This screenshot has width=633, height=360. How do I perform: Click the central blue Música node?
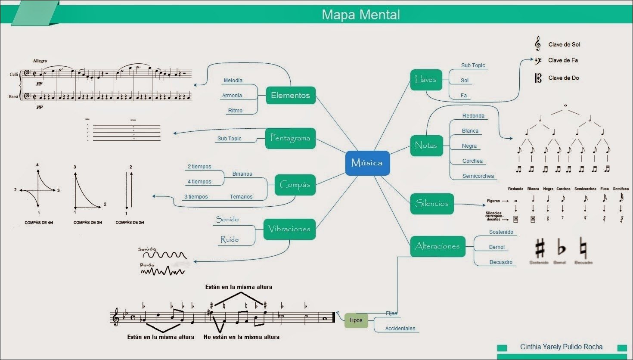[x=367, y=163]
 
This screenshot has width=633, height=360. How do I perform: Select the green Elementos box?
[x=291, y=96]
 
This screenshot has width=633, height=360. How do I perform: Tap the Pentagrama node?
[x=290, y=138]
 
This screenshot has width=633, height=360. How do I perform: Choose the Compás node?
[x=295, y=185]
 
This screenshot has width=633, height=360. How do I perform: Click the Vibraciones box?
[x=289, y=229]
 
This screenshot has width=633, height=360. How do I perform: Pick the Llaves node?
[x=426, y=80]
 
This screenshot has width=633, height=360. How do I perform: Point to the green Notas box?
[x=426, y=145]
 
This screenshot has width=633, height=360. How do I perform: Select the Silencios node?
[x=432, y=204]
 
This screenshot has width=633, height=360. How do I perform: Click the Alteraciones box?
[x=438, y=246]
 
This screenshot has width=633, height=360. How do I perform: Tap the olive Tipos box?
[x=356, y=320]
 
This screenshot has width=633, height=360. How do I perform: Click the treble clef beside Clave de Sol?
[x=537, y=44]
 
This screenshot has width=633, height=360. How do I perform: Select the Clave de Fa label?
[x=563, y=60]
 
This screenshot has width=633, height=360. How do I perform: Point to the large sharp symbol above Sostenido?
[x=540, y=248]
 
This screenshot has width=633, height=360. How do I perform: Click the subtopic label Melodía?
[x=233, y=81]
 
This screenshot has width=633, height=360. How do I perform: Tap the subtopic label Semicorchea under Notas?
[x=478, y=176]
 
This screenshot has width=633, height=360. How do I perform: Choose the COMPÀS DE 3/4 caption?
[x=88, y=223]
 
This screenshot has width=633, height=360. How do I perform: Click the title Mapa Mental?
[x=361, y=15]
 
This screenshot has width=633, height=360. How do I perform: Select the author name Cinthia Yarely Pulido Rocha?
[x=561, y=347]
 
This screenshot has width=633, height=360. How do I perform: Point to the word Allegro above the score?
[x=40, y=61]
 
